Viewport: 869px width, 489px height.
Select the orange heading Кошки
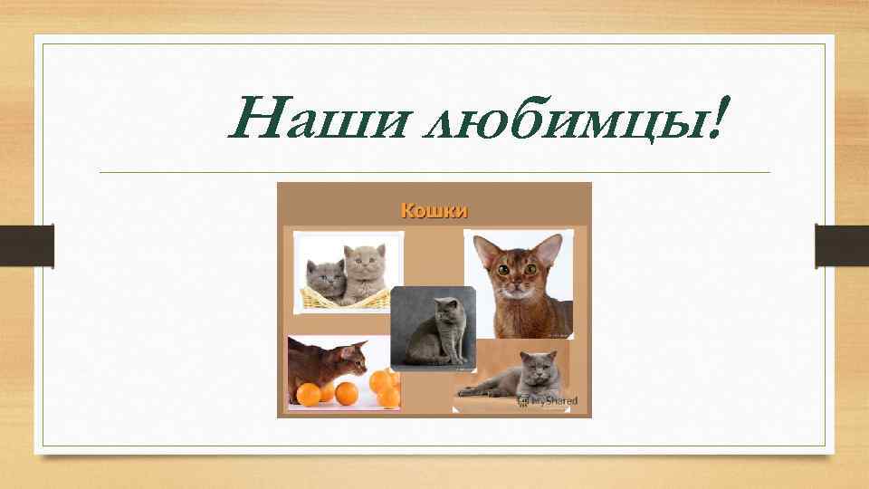point(434,211)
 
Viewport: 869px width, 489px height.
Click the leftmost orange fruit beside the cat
point(309,394)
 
